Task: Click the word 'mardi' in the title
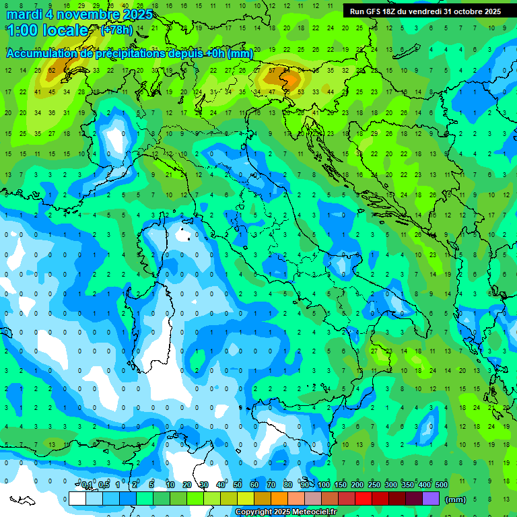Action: (24, 14)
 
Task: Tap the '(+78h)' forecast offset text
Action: (116, 30)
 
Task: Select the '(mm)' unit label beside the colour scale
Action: (456, 499)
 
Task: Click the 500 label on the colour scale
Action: (442, 485)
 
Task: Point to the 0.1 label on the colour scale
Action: (87, 485)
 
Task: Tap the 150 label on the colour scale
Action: (341, 485)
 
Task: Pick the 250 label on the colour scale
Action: (374, 485)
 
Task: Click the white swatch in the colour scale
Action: (77, 499)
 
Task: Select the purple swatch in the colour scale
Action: (431, 499)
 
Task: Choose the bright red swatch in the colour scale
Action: (364, 499)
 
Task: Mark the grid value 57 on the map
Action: (272, 70)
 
